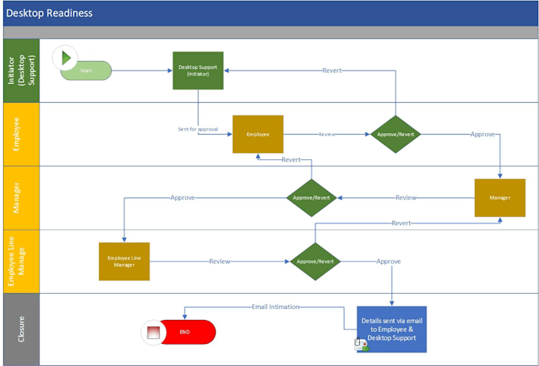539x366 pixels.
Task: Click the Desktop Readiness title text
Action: click(x=49, y=13)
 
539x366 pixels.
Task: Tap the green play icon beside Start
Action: click(x=65, y=58)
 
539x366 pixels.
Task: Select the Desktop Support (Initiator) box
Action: click(x=198, y=71)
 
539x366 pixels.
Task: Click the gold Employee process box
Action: click(x=258, y=134)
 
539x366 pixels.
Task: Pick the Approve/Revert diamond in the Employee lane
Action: click(x=396, y=134)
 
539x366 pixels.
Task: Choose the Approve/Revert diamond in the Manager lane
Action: click(x=312, y=197)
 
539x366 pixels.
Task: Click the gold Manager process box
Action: click(x=499, y=197)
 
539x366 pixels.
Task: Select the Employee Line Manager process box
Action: click(x=124, y=261)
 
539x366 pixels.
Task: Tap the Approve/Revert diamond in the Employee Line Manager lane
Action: click(x=315, y=261)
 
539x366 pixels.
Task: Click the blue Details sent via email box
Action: click(x=392, y=329)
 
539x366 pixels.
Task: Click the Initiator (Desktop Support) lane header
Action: click(x=20, y=71)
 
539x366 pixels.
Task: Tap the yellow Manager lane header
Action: click(x=20, y=197)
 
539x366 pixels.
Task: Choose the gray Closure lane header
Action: click(x=20, y=329)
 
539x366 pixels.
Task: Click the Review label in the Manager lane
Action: click(x=406, y=197)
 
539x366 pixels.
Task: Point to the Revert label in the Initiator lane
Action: click(x=332, y=71)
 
